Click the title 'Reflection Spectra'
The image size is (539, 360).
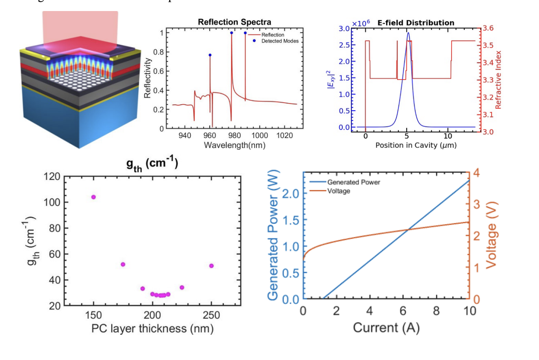[234, 22]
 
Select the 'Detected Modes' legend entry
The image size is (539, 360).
[280, 41]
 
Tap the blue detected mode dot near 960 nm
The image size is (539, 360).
[210, 55]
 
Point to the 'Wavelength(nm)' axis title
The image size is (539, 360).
[234, 145]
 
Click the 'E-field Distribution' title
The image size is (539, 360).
[416, 23]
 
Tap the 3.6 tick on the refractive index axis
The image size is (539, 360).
[488, 28]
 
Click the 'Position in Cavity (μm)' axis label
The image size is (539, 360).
[416, 145]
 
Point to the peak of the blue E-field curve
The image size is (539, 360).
[408, 33]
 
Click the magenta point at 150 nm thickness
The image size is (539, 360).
[93, 197]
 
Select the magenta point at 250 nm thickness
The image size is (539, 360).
[212, 266]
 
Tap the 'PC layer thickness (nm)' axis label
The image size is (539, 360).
[152, 328]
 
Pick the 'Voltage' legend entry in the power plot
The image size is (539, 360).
[338, 191]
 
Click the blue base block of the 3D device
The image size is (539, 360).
[106, 118]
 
